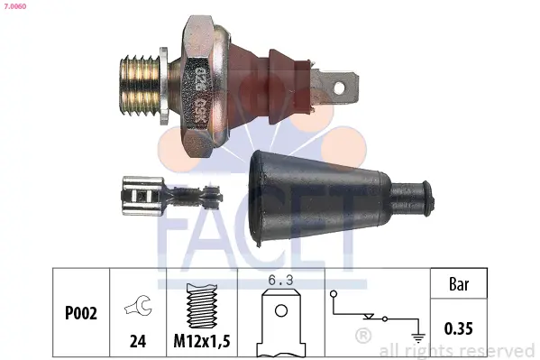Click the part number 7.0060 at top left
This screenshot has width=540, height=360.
click(15, 6)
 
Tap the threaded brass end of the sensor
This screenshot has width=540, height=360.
click(140, 85)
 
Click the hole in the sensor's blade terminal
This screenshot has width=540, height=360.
click(339, 88)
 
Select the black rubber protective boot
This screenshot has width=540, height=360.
click(341, 198)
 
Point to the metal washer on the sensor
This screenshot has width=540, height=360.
click(164, 87)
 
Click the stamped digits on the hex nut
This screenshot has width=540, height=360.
click(200, 92)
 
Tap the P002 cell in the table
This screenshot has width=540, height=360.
click(81, 313)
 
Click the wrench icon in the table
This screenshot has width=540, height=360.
click(139, 306)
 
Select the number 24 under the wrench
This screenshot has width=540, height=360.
click(138, 341)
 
